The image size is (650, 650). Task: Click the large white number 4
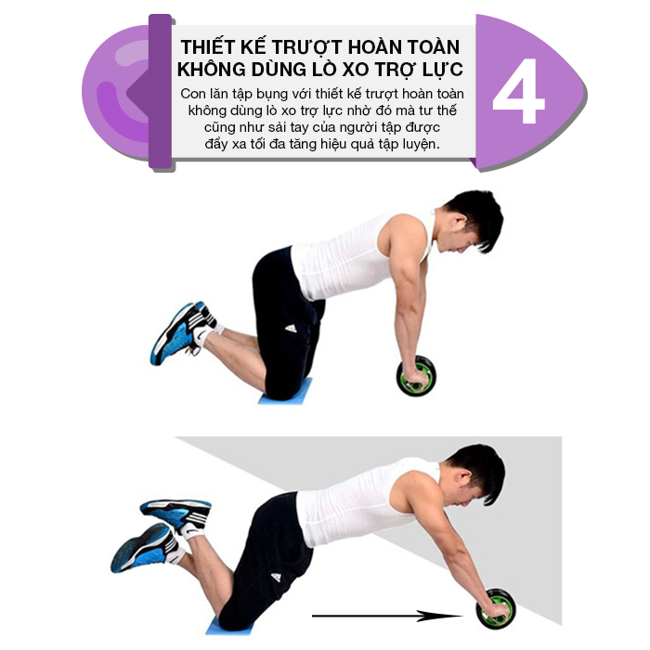[518, 91]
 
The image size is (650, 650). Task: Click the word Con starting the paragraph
[193, 94]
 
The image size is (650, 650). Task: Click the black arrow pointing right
[387, 616]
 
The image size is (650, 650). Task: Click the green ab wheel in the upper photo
[416, 375]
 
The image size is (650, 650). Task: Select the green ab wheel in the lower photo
[496, 609]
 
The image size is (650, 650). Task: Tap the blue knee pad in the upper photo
[285, 393]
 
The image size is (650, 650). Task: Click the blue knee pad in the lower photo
[228, 627]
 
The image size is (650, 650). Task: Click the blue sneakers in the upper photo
[182, 332]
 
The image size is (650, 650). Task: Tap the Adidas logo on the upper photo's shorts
[292, 328]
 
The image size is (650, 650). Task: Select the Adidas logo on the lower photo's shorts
[276, 577]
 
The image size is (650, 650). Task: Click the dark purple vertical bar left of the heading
[160, 92]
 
